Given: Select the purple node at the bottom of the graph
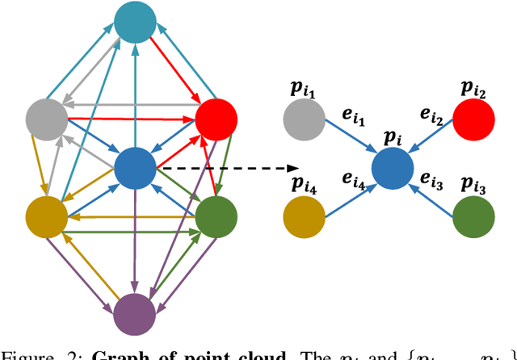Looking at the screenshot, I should pyautogui.click(x=134, y=313).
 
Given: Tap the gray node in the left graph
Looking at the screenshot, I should pyautogui.click(x=46, y=120).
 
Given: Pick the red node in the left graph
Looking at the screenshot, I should pyautogui.click(x=216, y=120).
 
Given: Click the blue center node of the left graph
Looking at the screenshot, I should pyautogui.click(x=134, y=169).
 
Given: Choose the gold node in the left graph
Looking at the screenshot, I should pyautogui.click(x=46, y=216).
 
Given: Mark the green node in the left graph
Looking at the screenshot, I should pyautogui.click(x=216, y=216).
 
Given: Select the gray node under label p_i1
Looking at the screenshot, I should pyautogui.click(x=303, y=120).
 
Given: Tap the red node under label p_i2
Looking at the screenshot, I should pyautogui.click(x=473, y=120).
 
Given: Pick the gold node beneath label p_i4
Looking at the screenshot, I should pyautogui.click(x=303, y=216).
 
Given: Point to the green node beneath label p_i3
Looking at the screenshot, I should pyautogui.click(x=473, y=216).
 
